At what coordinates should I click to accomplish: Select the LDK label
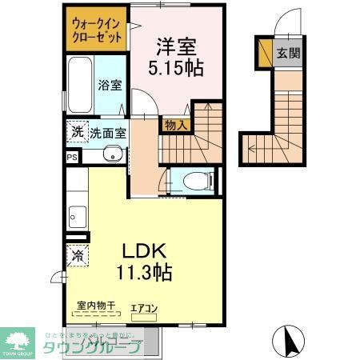tap(146, 251)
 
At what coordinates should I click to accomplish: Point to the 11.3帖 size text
tap(146, 272)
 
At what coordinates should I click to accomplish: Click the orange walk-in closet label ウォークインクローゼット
tap(97, 30)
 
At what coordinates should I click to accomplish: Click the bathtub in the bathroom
tap(80, 86)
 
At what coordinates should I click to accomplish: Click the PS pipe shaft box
tap(72, 157)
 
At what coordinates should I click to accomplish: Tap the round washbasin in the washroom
tap(113, 155)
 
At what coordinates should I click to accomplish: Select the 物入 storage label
tap(175, 124)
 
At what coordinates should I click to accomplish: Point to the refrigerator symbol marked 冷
tap(78, 256)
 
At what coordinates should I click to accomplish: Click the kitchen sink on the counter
tap(78, 215)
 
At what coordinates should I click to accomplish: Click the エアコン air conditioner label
tap(145, 306)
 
